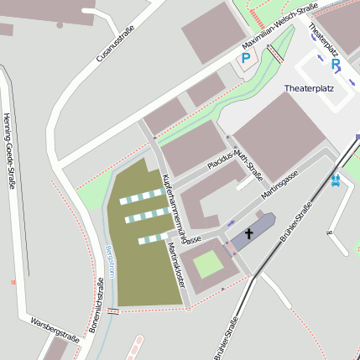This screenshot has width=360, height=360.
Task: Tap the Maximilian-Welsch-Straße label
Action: coord(279,25)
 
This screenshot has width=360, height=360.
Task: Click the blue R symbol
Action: coord(336,64)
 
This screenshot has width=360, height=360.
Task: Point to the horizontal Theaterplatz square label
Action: coord(309,88)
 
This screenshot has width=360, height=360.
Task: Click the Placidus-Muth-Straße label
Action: coord(235,160)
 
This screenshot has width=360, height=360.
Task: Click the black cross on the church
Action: coord(249,234)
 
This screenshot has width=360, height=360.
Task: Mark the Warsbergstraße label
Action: coord(54,330)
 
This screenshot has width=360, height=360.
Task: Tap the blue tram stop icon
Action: coord(336,179)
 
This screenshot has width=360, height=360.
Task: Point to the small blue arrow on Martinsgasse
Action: coord(231,223)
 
